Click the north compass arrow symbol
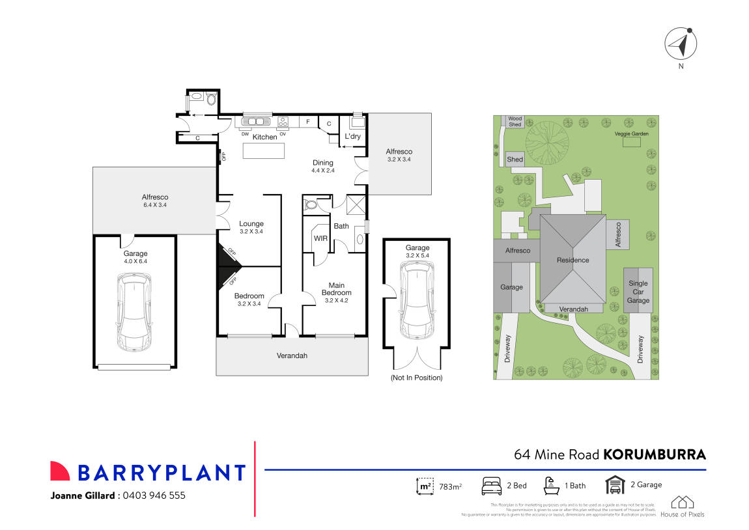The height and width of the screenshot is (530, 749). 681,44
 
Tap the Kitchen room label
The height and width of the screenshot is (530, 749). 264,137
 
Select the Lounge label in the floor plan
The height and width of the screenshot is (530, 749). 251,223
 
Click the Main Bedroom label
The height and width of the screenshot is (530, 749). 336,288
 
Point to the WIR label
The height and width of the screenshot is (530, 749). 320,238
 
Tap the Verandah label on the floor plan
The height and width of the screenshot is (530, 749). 292,356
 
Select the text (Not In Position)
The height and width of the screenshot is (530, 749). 416,378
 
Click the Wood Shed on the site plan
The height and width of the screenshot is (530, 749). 515,121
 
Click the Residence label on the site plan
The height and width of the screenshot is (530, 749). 572,260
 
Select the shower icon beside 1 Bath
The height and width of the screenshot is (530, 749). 551,485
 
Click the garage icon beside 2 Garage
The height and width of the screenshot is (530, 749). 614,485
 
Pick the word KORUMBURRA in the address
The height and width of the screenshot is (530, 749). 655,454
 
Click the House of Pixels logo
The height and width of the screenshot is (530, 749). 682,506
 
